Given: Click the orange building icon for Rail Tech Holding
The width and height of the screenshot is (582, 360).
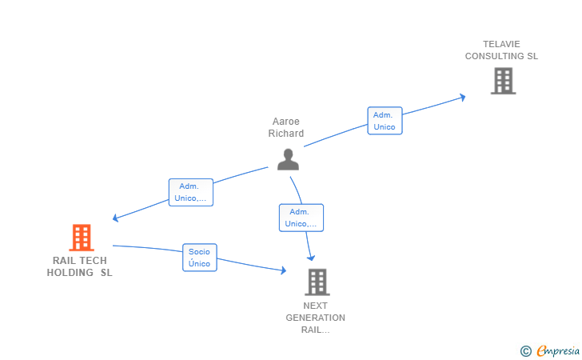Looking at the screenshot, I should (81, 238).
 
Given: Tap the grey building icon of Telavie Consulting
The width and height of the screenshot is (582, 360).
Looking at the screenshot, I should (503, 81).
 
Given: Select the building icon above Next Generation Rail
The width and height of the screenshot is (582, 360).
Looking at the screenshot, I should (317, 282).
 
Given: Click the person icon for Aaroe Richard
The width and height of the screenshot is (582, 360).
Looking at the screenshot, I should (288, 158).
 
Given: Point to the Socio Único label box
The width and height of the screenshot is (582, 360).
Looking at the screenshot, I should (200, 257).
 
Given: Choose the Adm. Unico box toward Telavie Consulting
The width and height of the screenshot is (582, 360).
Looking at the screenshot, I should (385, 120).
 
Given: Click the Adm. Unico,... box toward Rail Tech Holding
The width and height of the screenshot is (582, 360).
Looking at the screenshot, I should (191, 192).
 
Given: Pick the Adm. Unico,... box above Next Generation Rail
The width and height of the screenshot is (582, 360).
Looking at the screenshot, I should (301, 218).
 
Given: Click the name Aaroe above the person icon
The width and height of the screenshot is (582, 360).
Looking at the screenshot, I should (285, 122).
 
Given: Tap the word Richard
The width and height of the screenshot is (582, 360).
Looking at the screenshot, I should (285, 134).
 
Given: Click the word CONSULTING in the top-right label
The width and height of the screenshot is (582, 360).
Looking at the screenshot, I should (495, 56).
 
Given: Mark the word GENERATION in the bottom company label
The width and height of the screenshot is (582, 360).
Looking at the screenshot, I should (316, 318).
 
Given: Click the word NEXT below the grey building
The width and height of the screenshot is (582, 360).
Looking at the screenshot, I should (316, 306).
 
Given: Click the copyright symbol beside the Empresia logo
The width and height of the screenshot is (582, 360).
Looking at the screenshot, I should (525, 350).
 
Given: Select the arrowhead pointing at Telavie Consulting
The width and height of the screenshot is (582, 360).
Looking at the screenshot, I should (461, 98).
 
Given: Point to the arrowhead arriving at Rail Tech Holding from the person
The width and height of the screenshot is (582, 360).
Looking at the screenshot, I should (117, 218).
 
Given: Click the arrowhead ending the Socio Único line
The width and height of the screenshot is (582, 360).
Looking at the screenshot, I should (282, 271).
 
